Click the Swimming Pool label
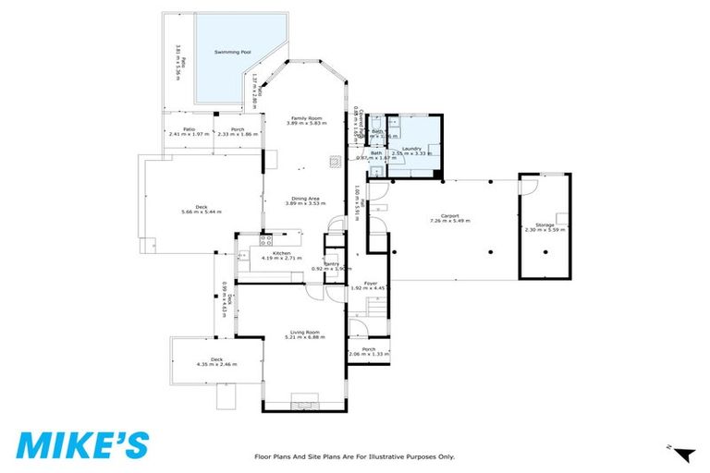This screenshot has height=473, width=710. click(233, 53)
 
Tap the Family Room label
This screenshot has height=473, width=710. click(306, 118)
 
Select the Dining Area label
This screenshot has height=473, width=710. click(306, 199)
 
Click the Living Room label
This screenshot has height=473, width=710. click(305, 333)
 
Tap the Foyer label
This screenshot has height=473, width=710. click(369, 285)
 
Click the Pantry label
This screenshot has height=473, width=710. click(330, 263)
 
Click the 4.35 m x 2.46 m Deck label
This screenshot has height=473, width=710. click(215, 359)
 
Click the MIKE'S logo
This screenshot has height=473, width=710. click(81, 444)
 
